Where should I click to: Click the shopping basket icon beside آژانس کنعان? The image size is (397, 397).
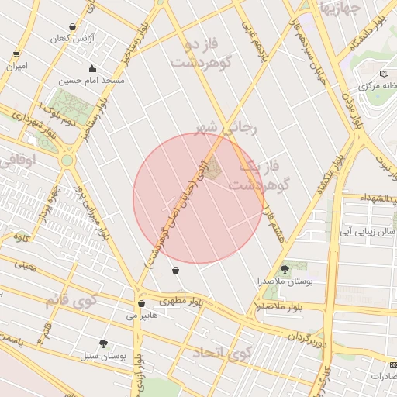tap(73, 26)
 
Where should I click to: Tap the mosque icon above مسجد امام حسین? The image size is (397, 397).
tap(93, 67)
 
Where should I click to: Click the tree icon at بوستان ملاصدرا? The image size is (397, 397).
tap(285, 269)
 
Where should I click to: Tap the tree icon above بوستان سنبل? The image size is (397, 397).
tap(104, 343)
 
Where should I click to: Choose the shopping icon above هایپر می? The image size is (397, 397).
tap(140, 303)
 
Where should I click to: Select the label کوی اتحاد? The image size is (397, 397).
tap(218, 353)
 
